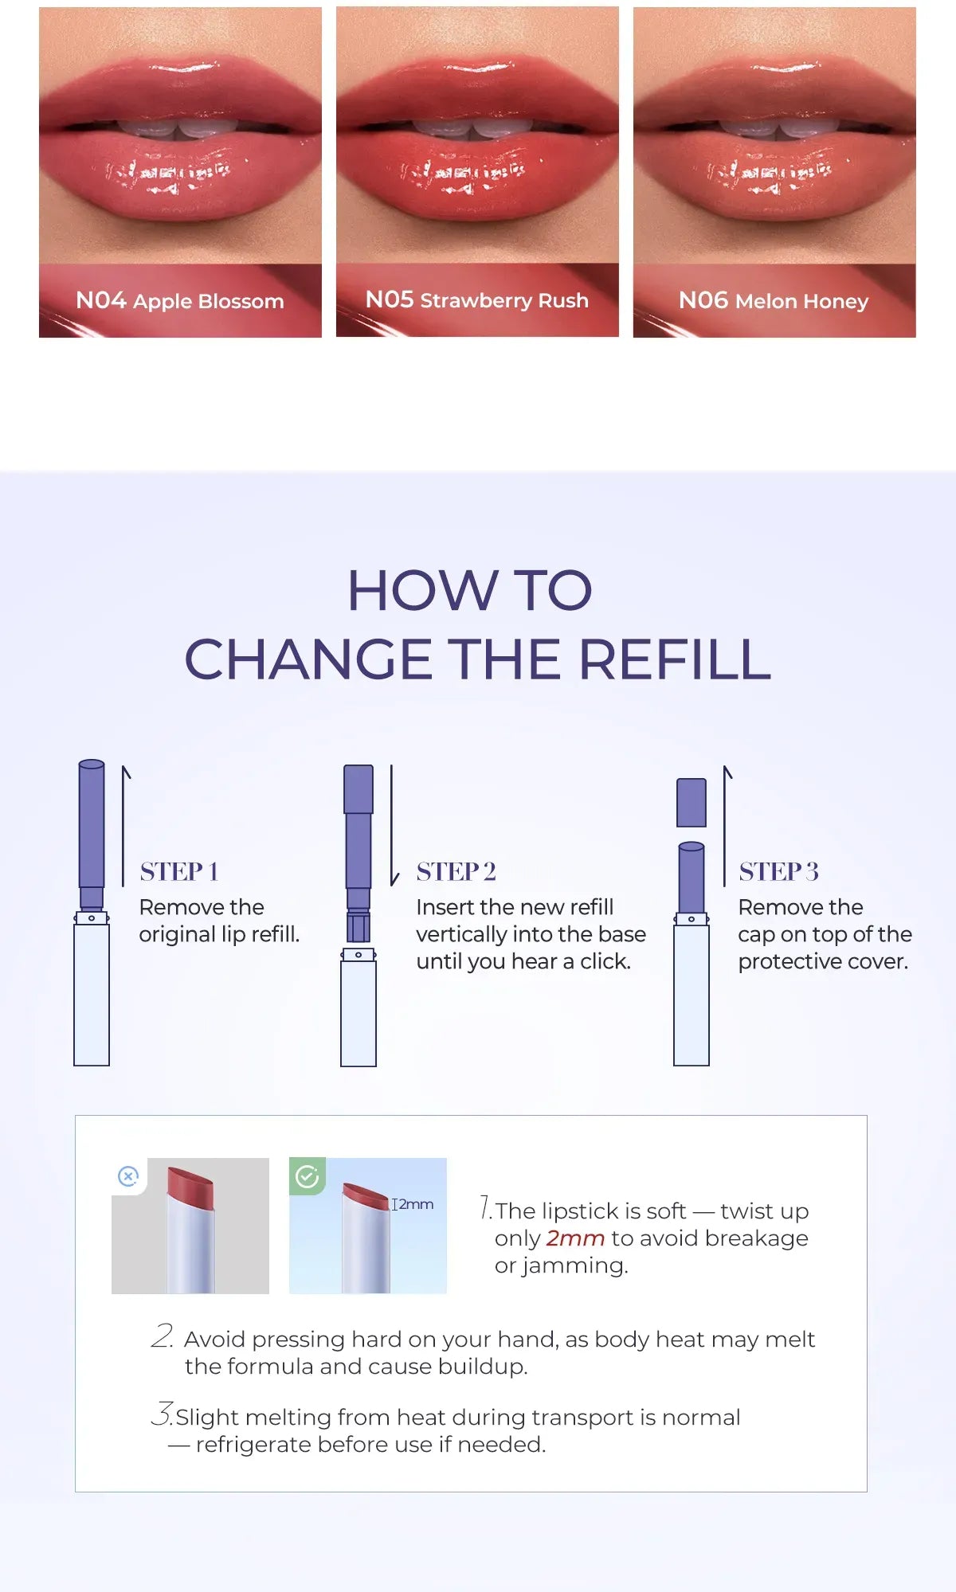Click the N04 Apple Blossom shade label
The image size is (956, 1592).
click(180, 301)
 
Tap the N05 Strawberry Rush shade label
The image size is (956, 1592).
click(477, 300)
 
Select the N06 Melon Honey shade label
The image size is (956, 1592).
click(774, 301)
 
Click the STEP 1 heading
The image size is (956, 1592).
click(179, 871)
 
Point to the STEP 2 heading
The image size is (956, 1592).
click(456, 871)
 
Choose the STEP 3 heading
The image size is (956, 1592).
click(779, 871)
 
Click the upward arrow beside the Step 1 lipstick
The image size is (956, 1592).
click(124, 826)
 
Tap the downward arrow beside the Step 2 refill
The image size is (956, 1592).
click(393, 825)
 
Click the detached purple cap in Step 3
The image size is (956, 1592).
click(692, 803)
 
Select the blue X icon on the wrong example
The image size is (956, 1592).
click(128, 1176)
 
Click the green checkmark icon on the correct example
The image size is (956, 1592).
click(308, 1176)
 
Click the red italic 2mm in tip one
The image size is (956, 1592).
click(575, 1238)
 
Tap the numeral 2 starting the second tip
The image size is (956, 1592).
click(162, 1336)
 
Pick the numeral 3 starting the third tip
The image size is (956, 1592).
click(162, 1414)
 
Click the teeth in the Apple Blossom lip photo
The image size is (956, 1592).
click(180, 129)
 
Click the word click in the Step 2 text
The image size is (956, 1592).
click(604, 961)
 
